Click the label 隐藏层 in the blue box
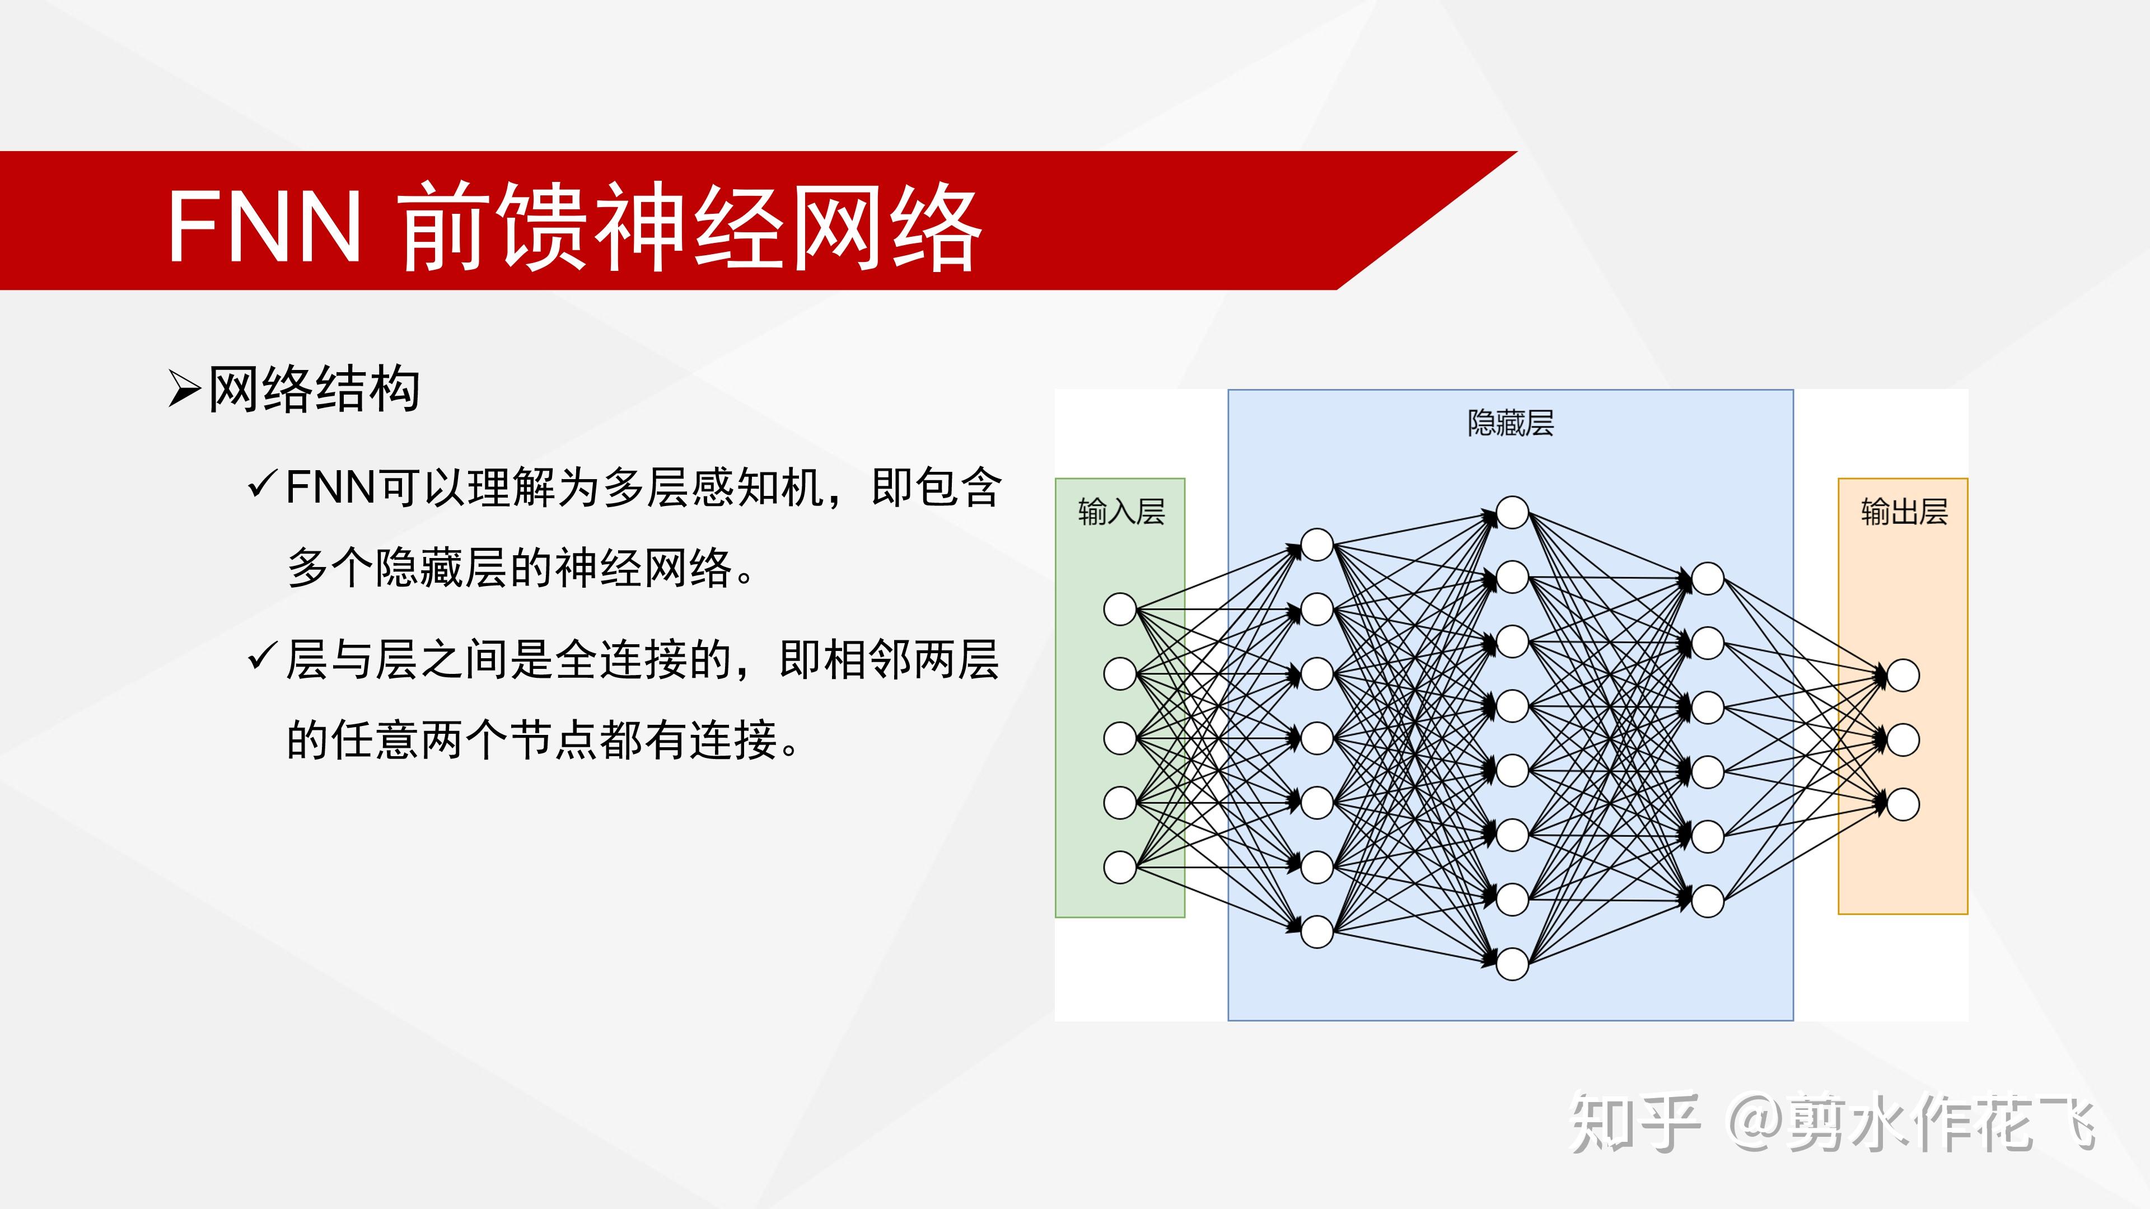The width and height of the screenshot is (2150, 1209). point(1511,423)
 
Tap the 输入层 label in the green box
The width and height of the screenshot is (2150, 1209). point(1121,512)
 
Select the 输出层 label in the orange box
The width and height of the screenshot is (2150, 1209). point(1904,512)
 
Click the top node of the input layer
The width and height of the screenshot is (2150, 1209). point(1120,609)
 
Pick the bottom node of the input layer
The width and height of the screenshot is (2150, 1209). point(1120,867)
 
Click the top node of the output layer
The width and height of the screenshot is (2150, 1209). point(1903,675)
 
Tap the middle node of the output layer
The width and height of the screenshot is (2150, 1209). point(1903,740)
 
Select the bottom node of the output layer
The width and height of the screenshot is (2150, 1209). point(1903,804)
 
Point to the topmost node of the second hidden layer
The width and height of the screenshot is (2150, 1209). point(1512,512)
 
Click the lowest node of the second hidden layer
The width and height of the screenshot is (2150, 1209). point(1512,964)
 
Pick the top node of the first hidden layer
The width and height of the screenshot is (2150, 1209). point(1317,545)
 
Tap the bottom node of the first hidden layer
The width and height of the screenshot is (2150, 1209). point(1317,932)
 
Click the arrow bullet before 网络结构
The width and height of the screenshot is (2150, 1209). point(184,389)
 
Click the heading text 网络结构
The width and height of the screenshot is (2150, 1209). point(314,389)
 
